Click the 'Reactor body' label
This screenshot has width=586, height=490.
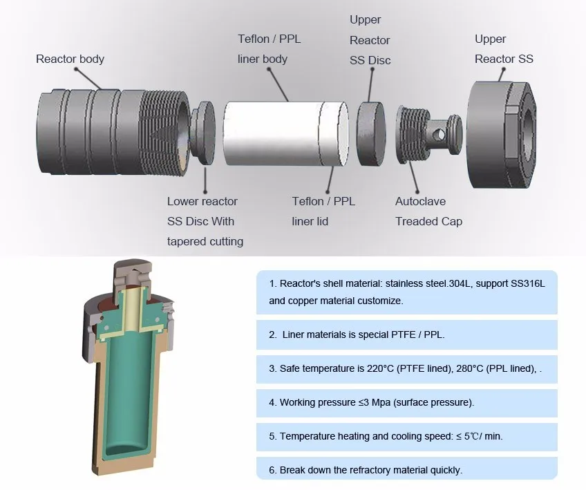(x=70, y=59)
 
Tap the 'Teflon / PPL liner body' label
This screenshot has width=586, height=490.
(x=269, y=49)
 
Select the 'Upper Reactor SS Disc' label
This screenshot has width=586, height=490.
(x=370, y=40)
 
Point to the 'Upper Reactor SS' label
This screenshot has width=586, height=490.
(x=504, y=49)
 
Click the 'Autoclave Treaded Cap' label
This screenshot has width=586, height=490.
(x=428, y=211)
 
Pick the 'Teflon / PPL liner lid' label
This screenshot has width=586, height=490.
(x=323, y=211)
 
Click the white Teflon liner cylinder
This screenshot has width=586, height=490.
(x=285, y=133)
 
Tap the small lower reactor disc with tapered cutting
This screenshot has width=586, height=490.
(x=205, y=131)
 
